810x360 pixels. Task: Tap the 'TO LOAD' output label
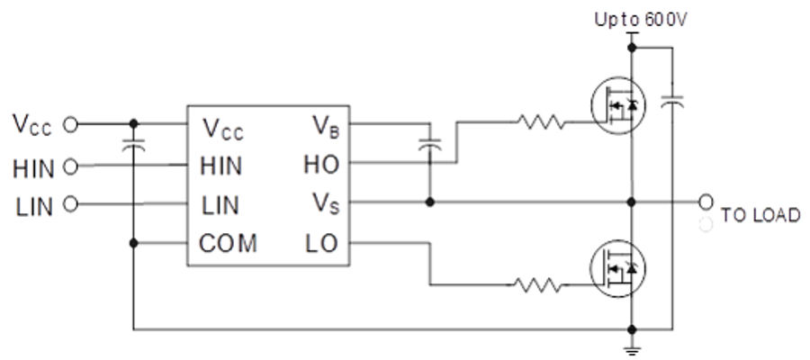pos(760,217)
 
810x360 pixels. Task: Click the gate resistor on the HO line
pos(541,121)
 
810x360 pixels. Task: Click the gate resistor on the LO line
pos(541,285)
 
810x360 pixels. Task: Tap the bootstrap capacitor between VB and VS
pos(430,144)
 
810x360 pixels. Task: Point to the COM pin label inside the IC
pos(229,243)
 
